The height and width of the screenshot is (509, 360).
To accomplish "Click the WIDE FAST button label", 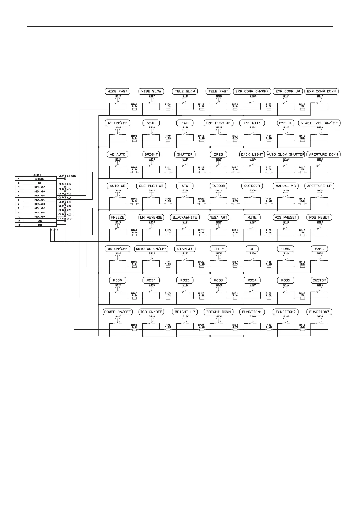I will (x=117, y=91).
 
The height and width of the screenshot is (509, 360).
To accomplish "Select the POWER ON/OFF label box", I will (x=117, y=312).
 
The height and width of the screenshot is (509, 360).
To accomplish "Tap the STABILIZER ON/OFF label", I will (x=319, y=123).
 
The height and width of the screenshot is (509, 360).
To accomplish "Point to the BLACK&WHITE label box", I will (x=185, y=217).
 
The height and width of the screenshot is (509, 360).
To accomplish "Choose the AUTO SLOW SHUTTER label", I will (x=286, y=154).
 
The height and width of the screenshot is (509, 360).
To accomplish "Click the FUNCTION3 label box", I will (x=319, y=312).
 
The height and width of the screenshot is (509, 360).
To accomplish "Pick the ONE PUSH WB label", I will (x=151, y=186).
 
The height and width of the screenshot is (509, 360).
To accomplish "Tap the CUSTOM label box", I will (x=319, y=280).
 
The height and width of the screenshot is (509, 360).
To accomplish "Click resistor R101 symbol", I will (x=135, y=109).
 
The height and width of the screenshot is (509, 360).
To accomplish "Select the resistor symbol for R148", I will (x=303, y=329).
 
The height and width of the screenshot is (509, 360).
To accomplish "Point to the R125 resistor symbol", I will (x=235, y=109).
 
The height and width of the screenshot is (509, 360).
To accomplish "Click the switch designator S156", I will (x=320, y=316).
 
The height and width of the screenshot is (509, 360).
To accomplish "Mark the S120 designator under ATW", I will (x=185, y=191).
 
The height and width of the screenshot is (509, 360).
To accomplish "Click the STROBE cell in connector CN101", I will (x=40, y=179).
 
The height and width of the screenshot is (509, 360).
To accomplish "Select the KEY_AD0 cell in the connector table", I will (x=40, y=217).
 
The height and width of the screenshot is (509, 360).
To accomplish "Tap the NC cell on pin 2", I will (x=40, y=183).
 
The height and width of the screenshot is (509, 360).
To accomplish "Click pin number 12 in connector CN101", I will (x=19, y=225).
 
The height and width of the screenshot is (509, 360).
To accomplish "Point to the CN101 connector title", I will (x=37, y=175).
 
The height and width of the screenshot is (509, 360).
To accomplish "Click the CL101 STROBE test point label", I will (x=67, y=176).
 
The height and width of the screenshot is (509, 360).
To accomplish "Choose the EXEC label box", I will (x=319, y=249).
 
